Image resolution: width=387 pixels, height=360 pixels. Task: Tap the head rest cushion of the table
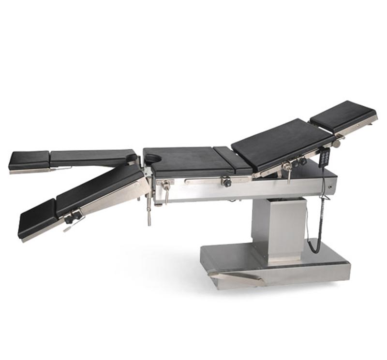point(343,115)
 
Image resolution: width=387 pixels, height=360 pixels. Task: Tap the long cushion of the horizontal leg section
point(92,156)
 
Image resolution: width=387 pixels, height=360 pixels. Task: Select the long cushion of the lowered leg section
point(99,187)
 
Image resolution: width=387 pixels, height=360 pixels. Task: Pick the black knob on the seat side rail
point(226,182)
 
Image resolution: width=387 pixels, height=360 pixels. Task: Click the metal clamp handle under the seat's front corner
point(166,189)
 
